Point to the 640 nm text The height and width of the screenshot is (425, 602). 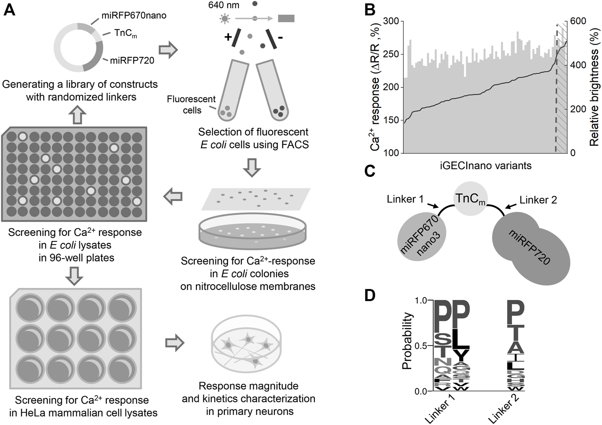224,5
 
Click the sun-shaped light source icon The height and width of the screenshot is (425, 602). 224,18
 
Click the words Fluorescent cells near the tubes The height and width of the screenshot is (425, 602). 191,105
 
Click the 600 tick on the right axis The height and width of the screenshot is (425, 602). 578,21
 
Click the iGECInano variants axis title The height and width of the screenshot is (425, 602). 485,165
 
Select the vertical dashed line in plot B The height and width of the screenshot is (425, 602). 556,88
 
